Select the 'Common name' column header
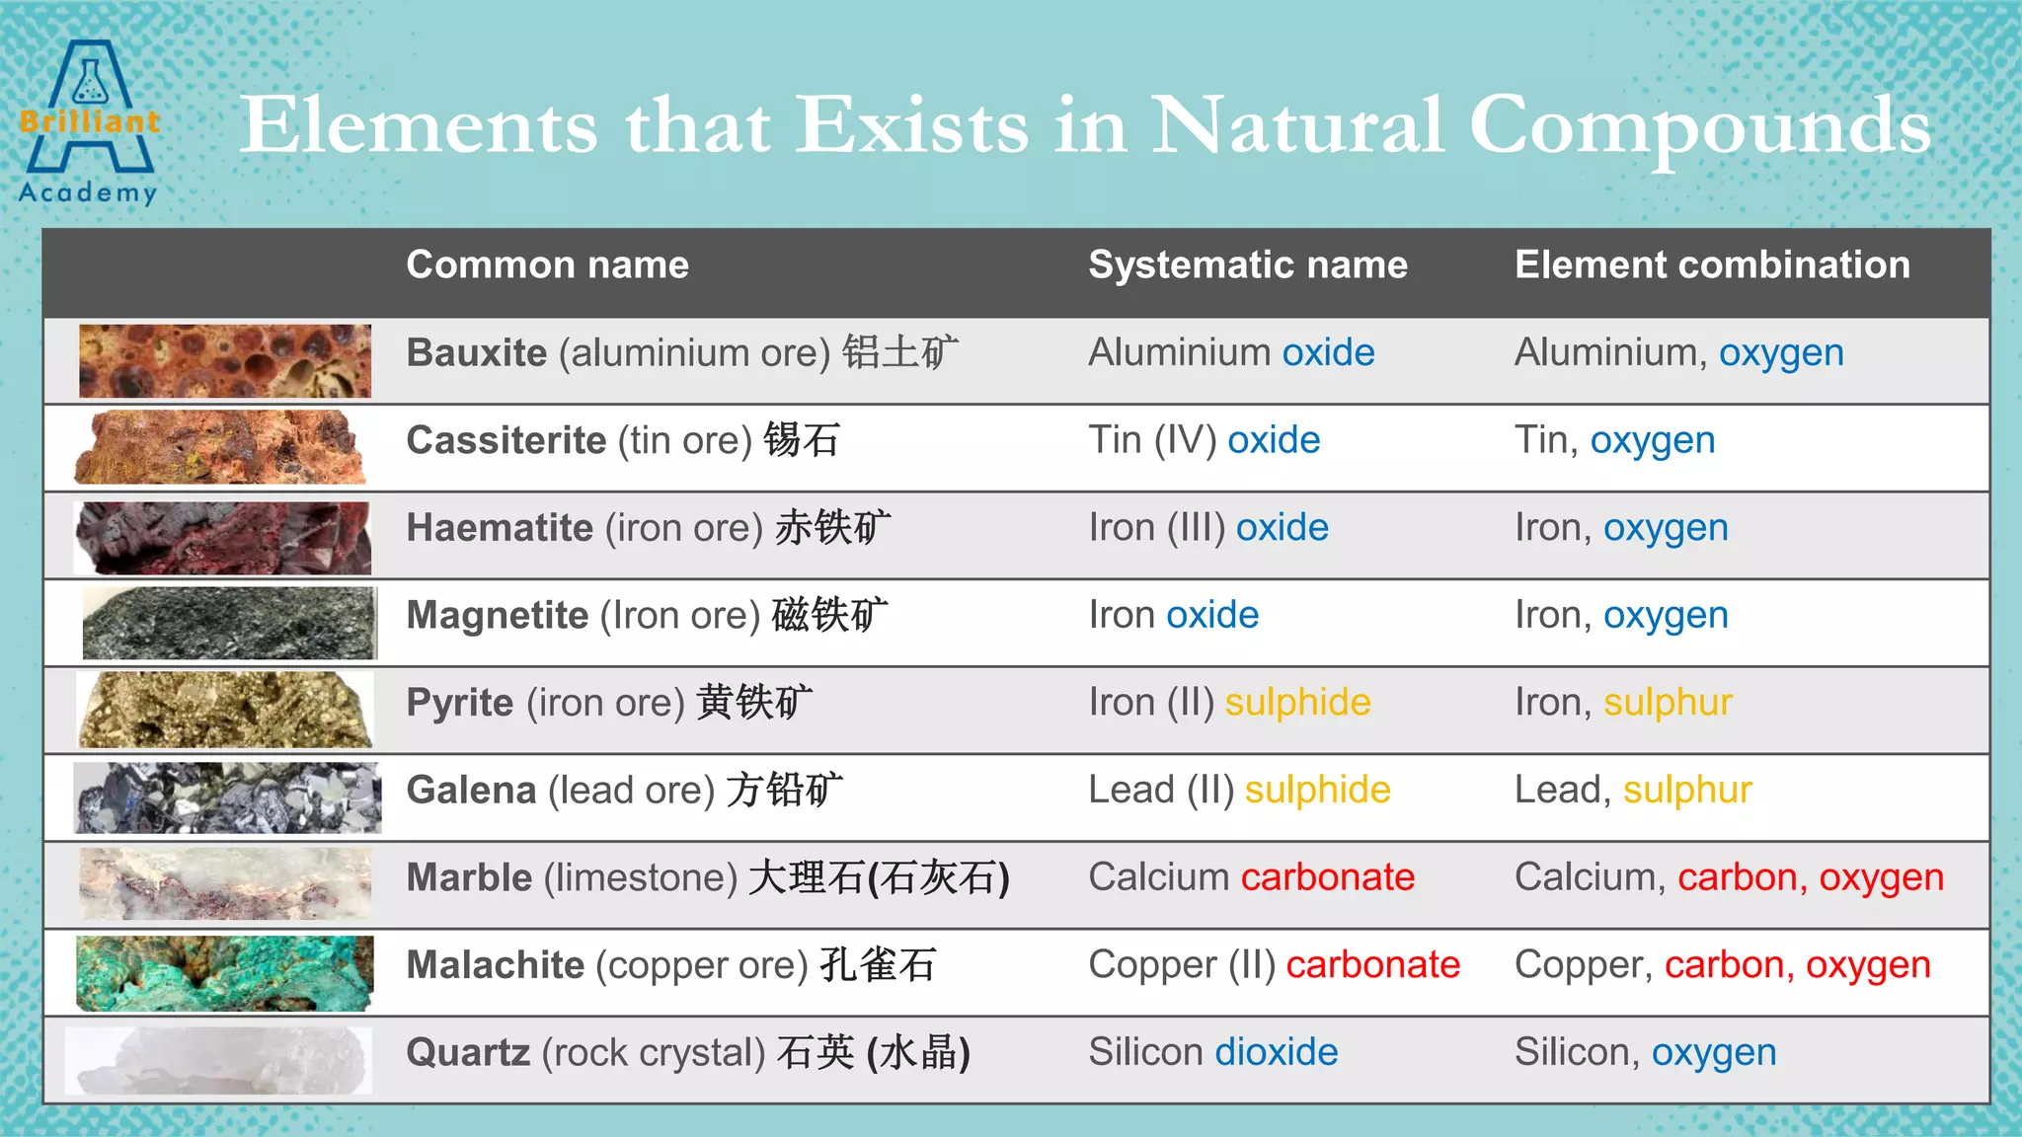[x=547, y=265]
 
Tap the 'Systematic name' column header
[x=1247, y=265]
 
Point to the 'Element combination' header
[x=1712, y=265]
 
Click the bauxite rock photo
[x=225, y=361]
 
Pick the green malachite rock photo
[x=225, y=973]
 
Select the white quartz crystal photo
[x=219, y=1061]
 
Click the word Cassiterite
[x=505, y=440]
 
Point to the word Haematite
[x=500, y=528]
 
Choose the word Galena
[x=471, y=791]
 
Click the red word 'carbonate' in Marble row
[x=1327, y=877]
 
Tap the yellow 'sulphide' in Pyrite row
[x=1297, y=703]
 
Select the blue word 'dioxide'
[x=1276, y=1052]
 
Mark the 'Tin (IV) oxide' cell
[x=1204, y=440]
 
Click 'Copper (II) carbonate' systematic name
[x=1274, y=965]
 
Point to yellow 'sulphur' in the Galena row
[x=1687, y=791]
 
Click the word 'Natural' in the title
[x=1296, y=126]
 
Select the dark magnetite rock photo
[x=229, y=623]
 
